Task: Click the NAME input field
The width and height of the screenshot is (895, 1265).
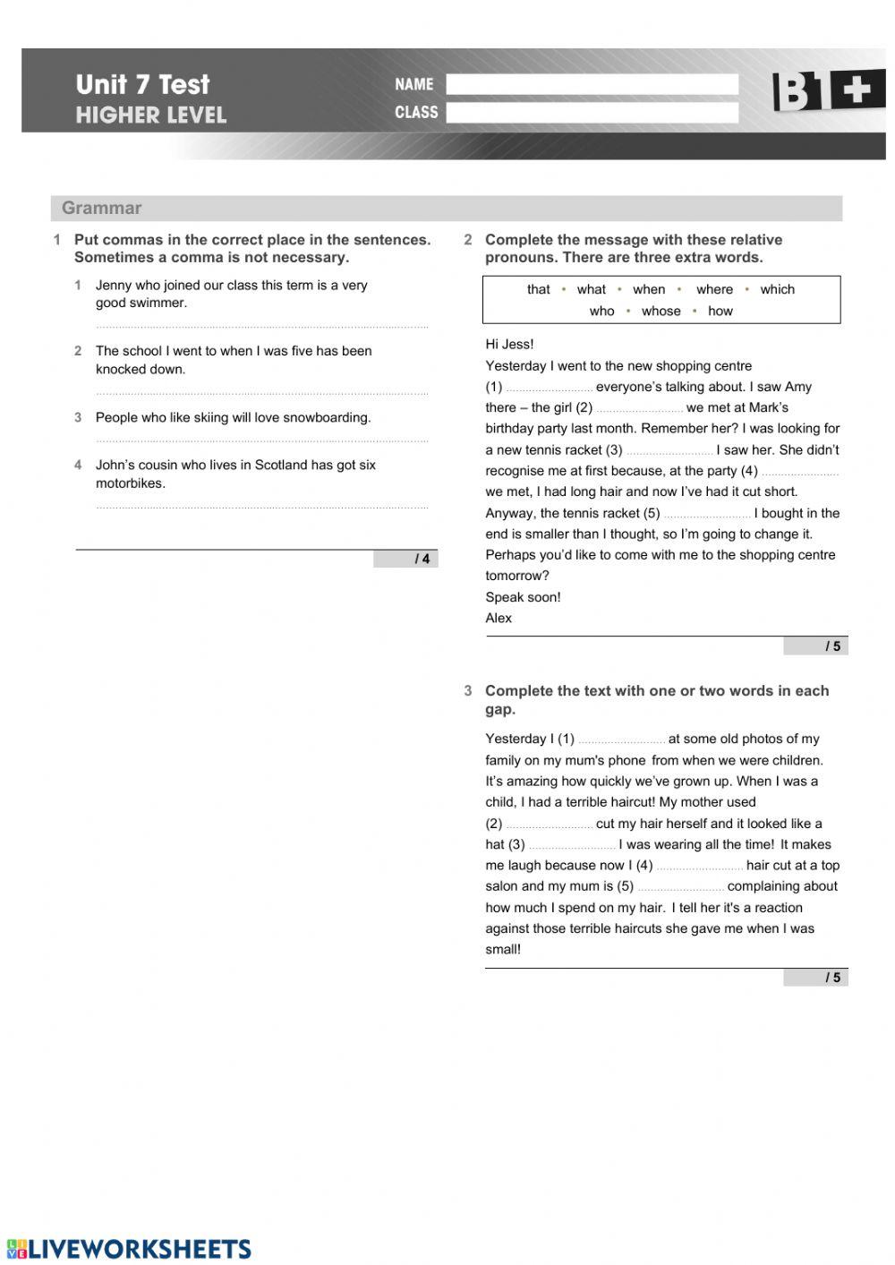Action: pyautogui.click(x=592, y=84)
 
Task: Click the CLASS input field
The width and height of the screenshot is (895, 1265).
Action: pyautogui.click(x=592, y=113)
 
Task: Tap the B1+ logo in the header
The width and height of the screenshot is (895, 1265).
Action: pyautogui.click(x=828, y=91)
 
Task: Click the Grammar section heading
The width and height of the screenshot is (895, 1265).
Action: pyautogui.click(x=102, y=208)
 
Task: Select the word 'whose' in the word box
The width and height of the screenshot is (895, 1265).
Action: pyautogui.click(x=661, y=311)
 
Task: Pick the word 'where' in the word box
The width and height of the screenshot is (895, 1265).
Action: pyautogui.click(x=714, y=289)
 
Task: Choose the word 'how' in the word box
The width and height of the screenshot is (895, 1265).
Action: pyautogui.click(x=720, y=311)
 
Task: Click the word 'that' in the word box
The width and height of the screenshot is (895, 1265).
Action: pyautogui.click(x=539, y=289)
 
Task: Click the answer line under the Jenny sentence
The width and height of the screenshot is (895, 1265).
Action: pyautogui.click(x=261, y=325)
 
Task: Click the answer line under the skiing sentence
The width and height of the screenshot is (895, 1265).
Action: pyautogui.click(x=261, y=439)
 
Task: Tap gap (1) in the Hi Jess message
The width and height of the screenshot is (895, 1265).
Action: pyautogui.click(x=550, y=389)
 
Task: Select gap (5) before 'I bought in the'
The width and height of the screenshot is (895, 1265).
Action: pyautogui.click(x=707, y=515)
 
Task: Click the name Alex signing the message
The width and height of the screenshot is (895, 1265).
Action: pyautogui.click(x=499, y=618)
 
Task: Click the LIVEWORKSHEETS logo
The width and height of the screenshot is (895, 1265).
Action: pyautogui.click(x=130, y=1249)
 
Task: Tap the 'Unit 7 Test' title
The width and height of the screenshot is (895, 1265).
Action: pyautogui.click(x=142, y=84)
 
